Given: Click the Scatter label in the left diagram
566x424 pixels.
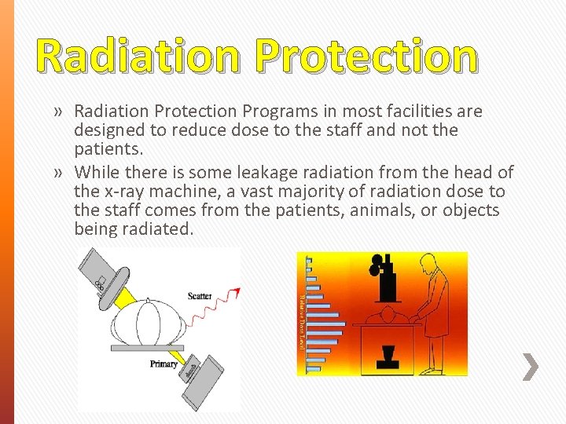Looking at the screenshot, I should coord(200,296).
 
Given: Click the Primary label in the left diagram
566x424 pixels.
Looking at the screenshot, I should coord(164,364).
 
